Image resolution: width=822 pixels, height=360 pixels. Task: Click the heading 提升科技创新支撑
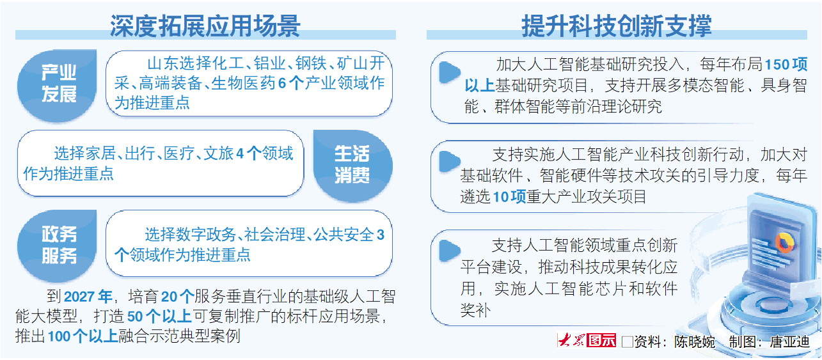(616, 26)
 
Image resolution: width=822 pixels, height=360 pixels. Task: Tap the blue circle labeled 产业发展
(59, 84)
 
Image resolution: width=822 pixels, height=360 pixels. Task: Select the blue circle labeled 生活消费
(352, 164)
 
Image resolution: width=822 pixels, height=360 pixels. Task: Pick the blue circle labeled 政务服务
(59, 245)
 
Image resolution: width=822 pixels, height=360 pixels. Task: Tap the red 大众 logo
(572, 341)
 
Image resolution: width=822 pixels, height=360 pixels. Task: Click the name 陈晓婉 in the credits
(694, 342)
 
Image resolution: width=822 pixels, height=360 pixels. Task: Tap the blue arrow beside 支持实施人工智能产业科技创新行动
(450, 161)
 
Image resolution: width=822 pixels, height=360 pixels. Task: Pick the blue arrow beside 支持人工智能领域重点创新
(450, 249)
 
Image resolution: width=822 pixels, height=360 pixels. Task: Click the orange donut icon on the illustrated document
(782, 242)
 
